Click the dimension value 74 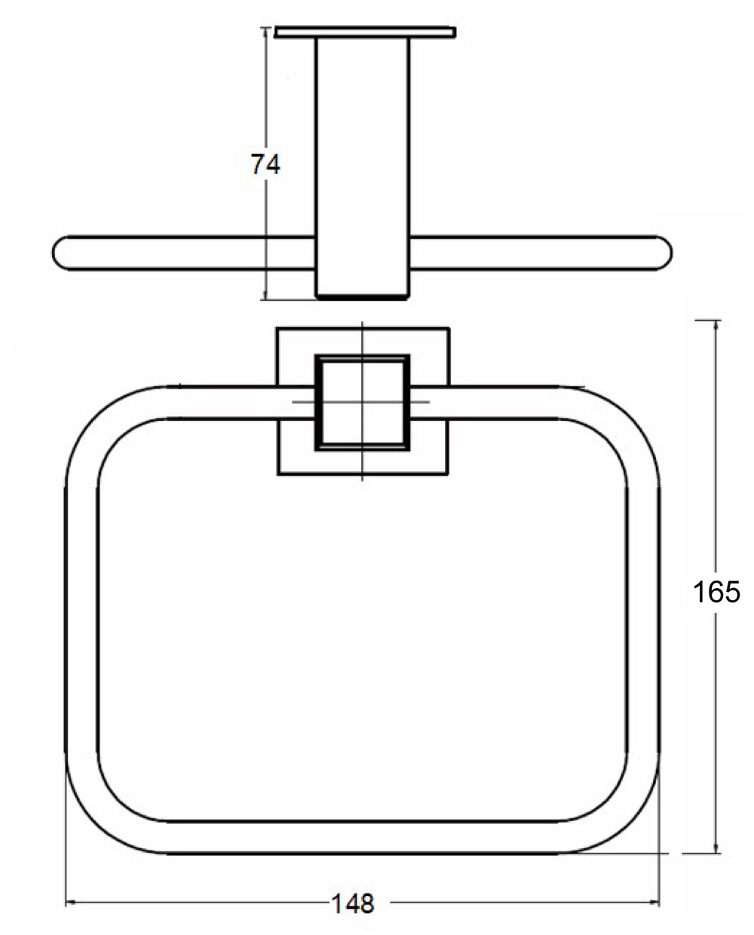pos(265,164)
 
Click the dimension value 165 pos(716,592)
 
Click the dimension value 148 pos(352,903)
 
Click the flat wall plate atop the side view pos(366,32)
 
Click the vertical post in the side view pos(363,151)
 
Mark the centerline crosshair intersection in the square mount pos(363,401)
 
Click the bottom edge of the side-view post pos(363,297)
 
